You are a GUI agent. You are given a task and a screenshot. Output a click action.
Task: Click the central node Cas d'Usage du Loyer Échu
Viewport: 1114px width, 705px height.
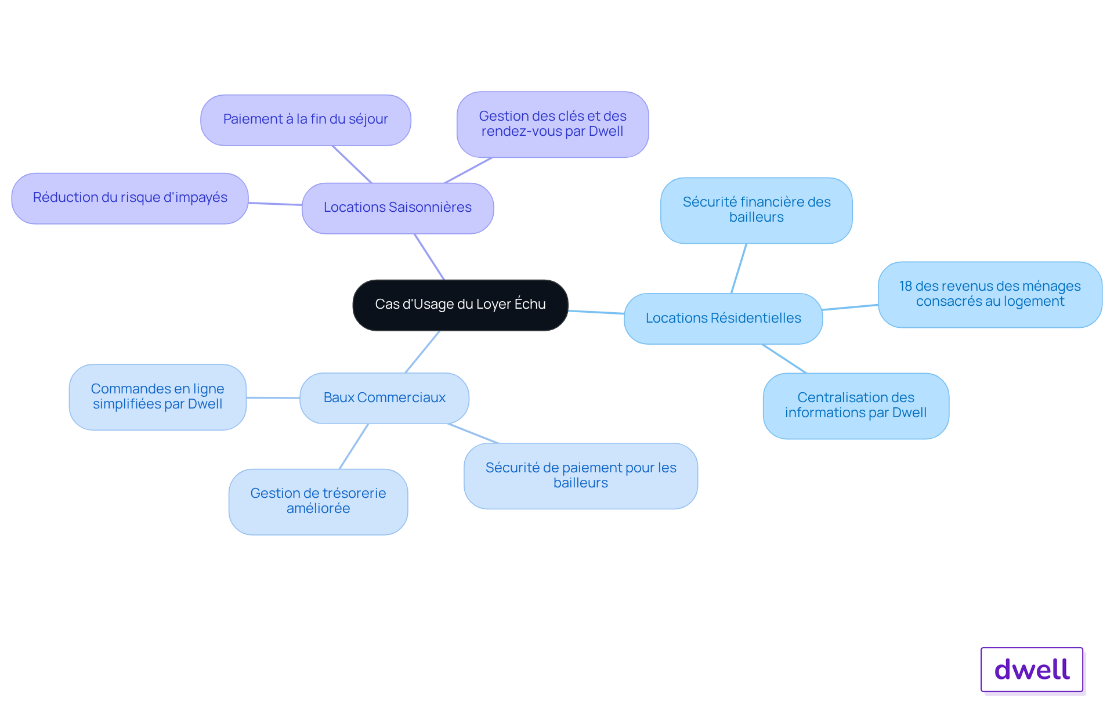pyautogui.click(x=460, y=305)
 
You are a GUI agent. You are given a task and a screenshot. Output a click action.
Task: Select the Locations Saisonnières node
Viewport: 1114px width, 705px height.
pyautogui.click(x=397, y=208)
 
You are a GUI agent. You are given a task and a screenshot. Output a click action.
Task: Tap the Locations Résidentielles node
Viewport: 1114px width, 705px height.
pyautogui.click(x=723, y=319)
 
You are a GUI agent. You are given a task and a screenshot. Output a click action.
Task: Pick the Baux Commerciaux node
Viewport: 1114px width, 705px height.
pyautogui.click(x=384, y=398)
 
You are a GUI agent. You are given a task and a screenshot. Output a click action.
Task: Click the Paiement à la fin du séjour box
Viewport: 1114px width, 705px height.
pyautogui.click(x=306, y=120)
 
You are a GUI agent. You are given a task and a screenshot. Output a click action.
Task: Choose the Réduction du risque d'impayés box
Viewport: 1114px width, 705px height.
pyautogui.click(x=130, y=198)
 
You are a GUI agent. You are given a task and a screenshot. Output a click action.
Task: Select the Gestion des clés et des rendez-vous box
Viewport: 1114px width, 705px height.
pyautogui.click(x=552, y=124)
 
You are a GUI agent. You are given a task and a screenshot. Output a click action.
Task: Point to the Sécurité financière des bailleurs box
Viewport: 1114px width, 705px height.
pyautogui.click(x=756, y=210)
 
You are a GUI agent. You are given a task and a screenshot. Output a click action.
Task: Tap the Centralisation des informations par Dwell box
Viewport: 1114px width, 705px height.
pyautogui.click(x=856, y=406)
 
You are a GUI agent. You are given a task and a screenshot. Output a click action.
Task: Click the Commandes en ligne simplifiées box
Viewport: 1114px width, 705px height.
pyautogui.click(x=158, y=397)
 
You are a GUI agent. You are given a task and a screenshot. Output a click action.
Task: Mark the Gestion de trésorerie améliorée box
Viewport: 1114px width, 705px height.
pyautogui.click(x=318, y=501)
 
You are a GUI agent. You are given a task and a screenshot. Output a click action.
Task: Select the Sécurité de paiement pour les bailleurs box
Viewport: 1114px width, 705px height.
pyautogui.click(x=581, y=476)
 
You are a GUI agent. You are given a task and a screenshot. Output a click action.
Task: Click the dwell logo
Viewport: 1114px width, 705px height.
pyautogui.click(x=1032, y=670)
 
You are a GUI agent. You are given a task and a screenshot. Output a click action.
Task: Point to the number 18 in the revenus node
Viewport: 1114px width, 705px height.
pyautogui.click(x=906, y=286)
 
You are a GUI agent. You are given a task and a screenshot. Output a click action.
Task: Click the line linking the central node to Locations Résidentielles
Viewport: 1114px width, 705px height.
pyautogui.click(x=596, y=312)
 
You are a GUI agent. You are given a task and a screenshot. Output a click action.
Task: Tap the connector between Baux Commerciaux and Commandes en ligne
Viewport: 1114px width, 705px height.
pyautogui.click(x=273, y=397)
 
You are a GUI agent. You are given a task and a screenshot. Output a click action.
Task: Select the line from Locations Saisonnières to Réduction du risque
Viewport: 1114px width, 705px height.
pyautogui.click(x=275, y=204)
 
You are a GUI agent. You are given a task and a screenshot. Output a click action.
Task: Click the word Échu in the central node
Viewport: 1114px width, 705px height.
pyautogui.click(x=530, y=303)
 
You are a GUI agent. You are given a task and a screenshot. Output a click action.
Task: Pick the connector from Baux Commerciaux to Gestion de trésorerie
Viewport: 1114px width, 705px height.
pyautogui.click(x=354, y=446)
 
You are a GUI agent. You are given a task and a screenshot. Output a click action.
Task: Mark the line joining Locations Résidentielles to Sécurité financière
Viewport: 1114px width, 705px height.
pyautogui.click(x=739, y=268)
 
